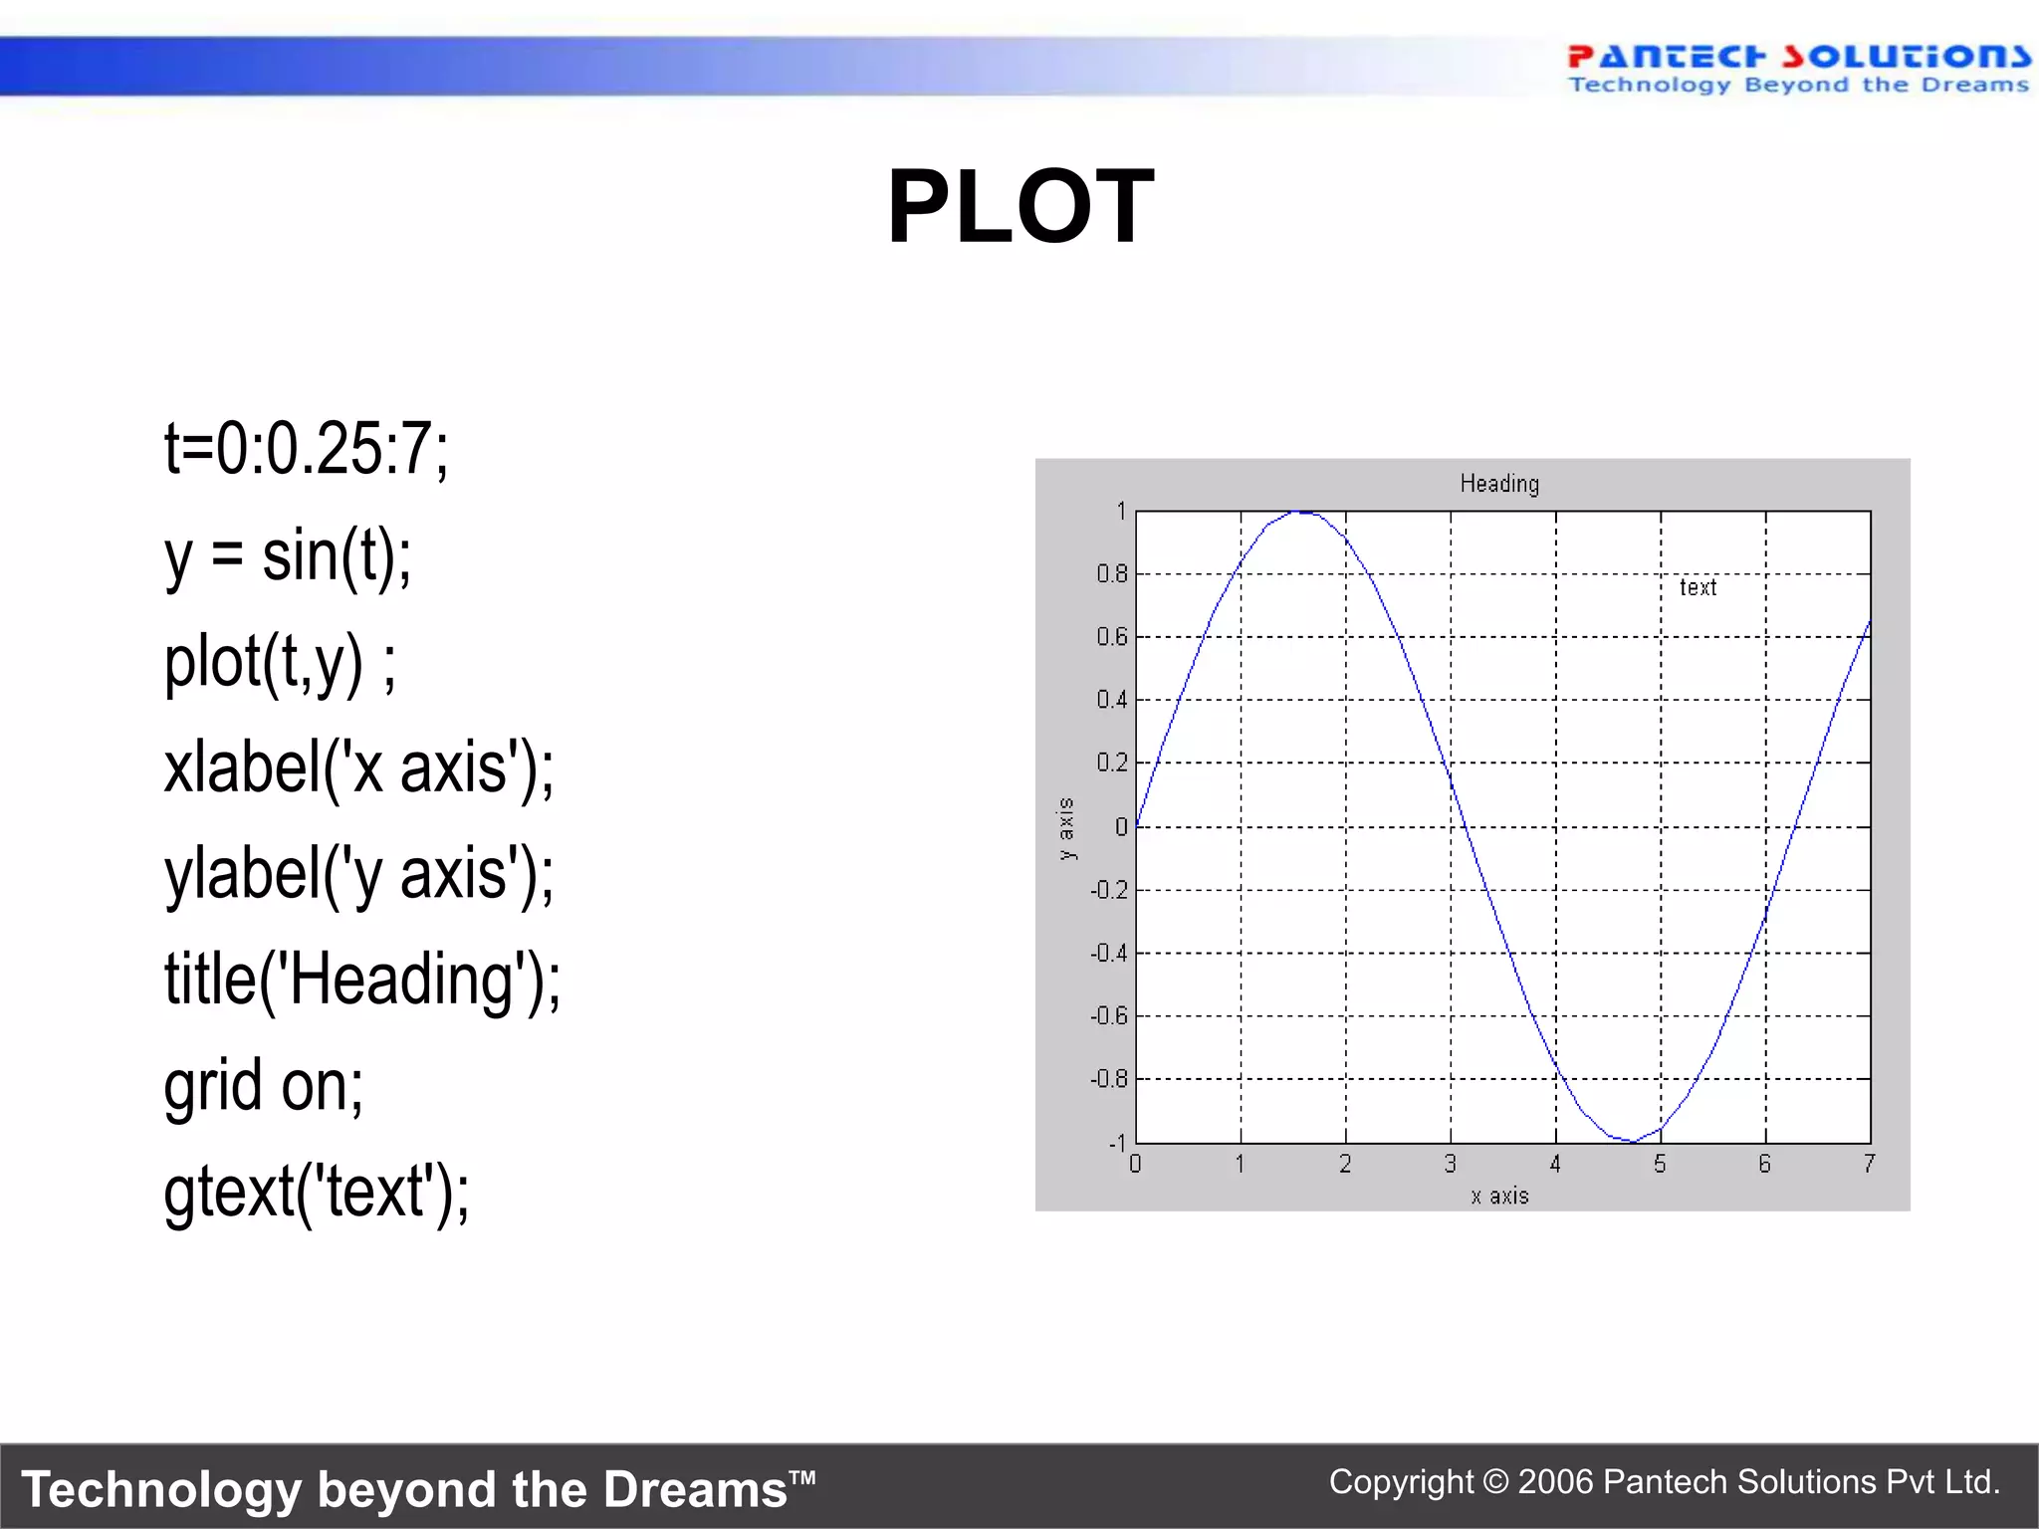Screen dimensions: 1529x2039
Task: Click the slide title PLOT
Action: tap(1020, 206)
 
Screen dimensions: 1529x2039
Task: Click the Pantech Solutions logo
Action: tap(1798, 69)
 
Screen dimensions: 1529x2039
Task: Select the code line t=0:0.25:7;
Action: tap(307, 449)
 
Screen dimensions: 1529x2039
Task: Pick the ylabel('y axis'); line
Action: tap(358, 874)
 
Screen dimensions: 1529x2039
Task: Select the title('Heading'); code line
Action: tap(362, 980)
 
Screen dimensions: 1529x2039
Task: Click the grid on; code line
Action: tap(264, 1085)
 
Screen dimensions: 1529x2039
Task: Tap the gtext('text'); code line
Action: tap(317, 1192)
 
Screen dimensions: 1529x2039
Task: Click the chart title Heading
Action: tap(1499, 484)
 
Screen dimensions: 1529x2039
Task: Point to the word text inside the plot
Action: tap(1698, 587)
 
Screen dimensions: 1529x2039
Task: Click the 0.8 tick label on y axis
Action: tap(1111, 573)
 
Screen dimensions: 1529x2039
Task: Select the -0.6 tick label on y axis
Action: tap(1108, 1015)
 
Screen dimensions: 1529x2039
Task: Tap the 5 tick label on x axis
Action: tap(1660, 1164)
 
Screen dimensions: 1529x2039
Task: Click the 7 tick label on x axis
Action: tap(1869, 1164)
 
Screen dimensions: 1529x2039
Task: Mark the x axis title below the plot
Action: tap(1499, 1196)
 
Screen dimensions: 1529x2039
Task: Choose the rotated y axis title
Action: tap(1066, 828)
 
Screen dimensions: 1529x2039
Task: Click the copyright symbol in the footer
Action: tap(1495, 1482)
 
